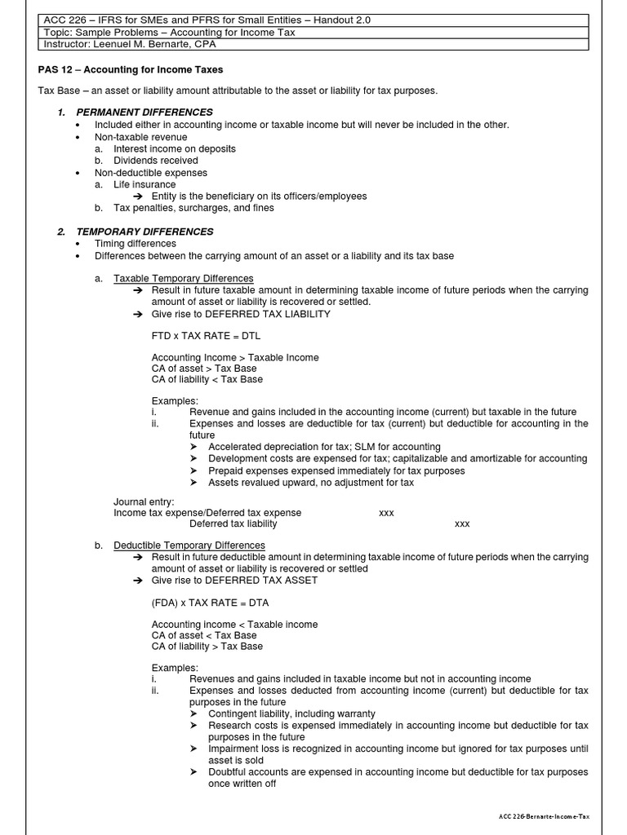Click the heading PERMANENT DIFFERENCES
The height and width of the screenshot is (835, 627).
point(144,112)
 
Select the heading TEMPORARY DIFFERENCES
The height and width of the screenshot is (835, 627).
point(145,232)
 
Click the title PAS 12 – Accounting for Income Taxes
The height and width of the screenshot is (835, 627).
point(131,70)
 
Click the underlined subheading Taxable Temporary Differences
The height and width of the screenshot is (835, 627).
point(183,279)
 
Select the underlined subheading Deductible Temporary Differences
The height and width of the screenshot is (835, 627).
point(189,545)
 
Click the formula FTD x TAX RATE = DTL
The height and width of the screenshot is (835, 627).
point(207,335)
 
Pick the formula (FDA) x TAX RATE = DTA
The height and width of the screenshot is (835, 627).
point(210,602)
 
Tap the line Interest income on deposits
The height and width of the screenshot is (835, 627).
point(174,149)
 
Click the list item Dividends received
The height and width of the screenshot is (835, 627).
point(155,161)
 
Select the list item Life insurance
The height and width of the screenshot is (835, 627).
point(145,184)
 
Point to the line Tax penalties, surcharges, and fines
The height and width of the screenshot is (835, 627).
point(193,208)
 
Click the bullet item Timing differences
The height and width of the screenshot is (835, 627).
point(135,244)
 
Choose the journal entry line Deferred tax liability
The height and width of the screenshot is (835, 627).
point(233,524)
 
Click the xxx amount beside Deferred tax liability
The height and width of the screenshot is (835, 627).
point(462,524)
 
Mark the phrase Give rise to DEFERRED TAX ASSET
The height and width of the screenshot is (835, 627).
point(234,580)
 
